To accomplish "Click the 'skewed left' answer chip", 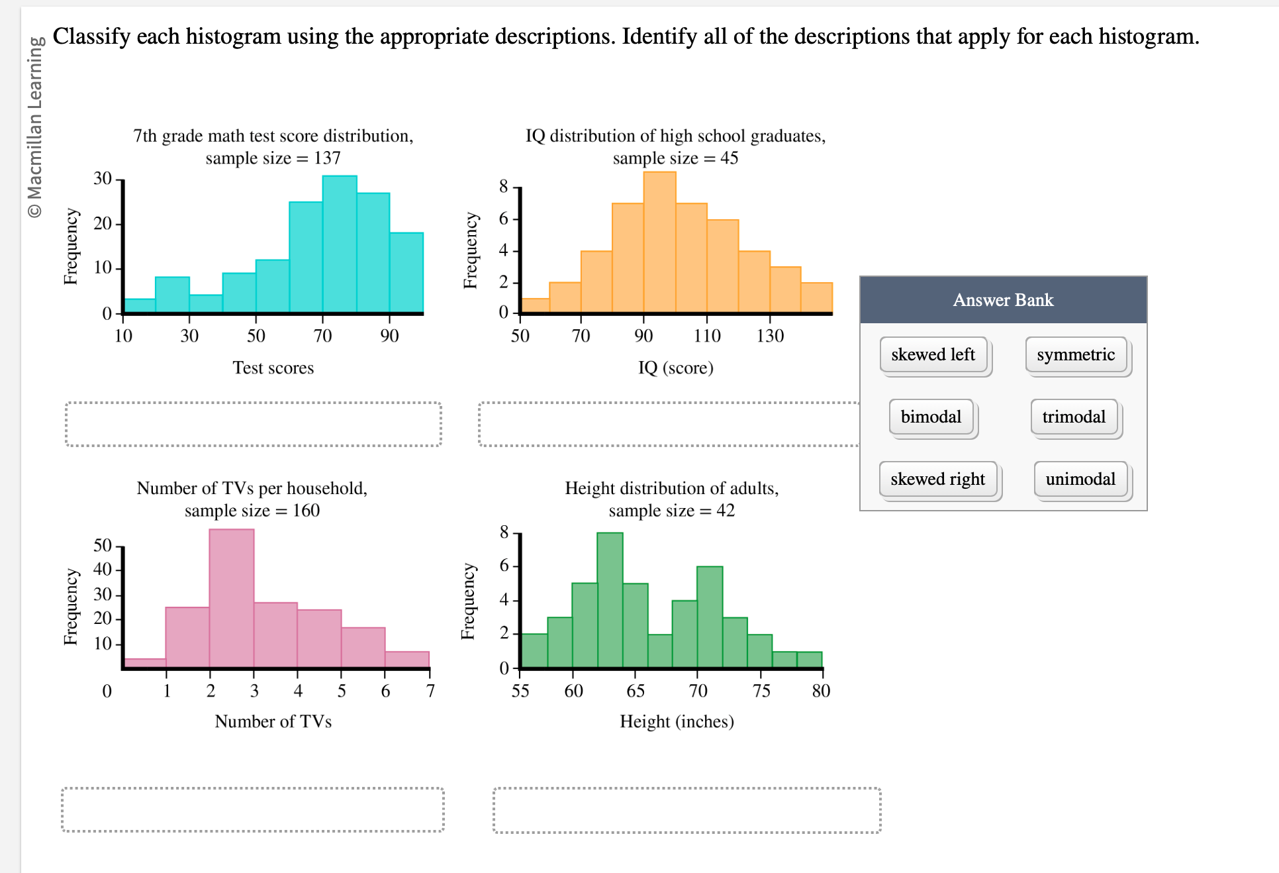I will pos(933,355).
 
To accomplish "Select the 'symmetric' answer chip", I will pos(1076,355).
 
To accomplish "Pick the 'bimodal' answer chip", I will pos(931,417).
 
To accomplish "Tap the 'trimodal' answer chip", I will pos(1074,417).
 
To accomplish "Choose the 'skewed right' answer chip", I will pos(937,480).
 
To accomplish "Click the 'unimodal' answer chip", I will pos(1080,480).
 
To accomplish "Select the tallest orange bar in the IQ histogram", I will pos(659,242).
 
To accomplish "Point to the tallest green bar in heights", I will pos(610,599).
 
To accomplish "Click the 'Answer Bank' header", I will pos(1003,300).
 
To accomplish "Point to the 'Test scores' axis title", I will pos(273,368).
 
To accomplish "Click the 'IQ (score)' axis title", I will pos(675,368).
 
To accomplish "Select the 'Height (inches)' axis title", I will pos(677,721).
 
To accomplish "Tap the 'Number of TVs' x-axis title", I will pos(273,721).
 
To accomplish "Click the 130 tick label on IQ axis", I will pos(770,336).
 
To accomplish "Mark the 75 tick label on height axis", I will pos(761,692).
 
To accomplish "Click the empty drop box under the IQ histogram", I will pos(669,424).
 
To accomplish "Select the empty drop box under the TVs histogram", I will pos(252,809).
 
